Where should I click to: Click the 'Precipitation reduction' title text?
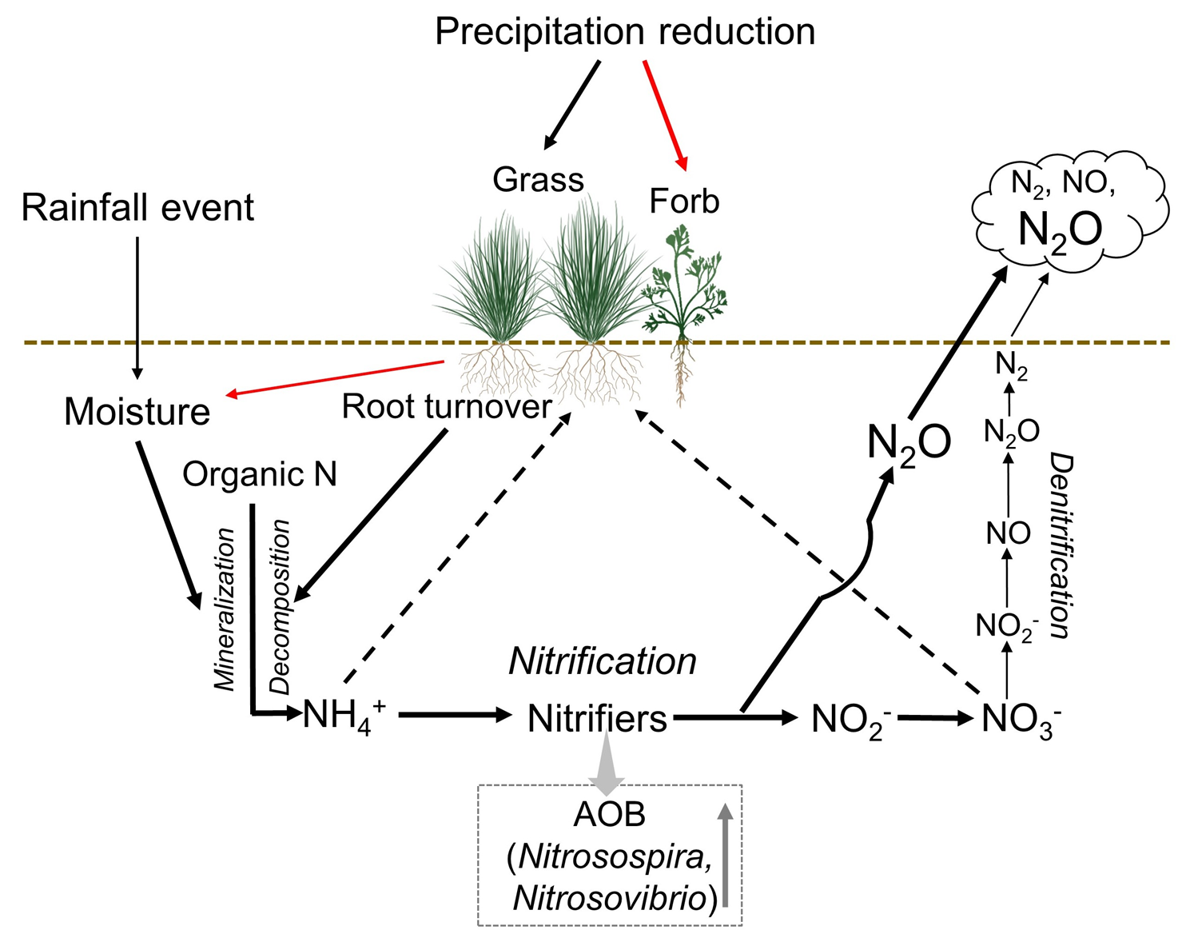pos(624,32)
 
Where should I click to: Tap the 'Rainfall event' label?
pos(137,208)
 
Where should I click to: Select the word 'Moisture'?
pos(137,412)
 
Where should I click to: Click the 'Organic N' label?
pos(260,474)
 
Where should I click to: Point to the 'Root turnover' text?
pos(446,407)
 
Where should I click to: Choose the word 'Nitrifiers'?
pos(597,719)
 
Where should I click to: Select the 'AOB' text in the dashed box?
pos(609,815)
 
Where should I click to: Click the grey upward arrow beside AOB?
pos(725,856)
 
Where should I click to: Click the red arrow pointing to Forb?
pos(665,116)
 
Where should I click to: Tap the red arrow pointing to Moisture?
pos(336,379)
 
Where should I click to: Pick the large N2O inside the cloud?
pos(1060,230)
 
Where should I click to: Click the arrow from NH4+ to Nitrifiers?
pos(454,714)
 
